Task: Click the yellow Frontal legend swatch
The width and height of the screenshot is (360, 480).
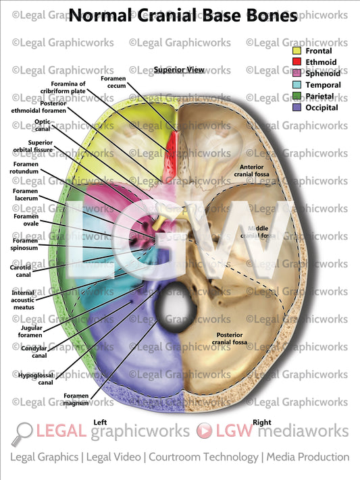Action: (x=297, y=50)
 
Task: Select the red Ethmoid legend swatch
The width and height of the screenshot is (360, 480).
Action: (x=297, y=61)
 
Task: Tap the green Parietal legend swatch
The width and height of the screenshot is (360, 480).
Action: (x=297, y=96)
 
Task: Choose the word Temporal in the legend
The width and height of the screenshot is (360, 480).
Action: (x=323, y=84)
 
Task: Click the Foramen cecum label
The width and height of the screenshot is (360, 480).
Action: (x=113, y=83)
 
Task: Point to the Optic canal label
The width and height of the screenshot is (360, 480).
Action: (x=42, y=126)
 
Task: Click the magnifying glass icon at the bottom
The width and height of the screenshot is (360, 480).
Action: (x=24, y=432)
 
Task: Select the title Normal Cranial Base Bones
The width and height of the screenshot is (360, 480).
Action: (x=182, y=16)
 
